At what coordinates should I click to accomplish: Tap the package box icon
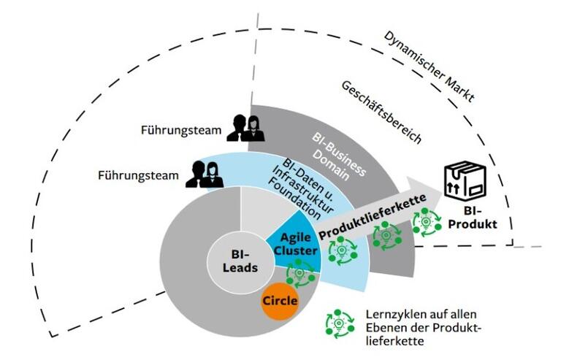coord(465,180)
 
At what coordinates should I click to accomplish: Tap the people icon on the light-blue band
coord(203,173)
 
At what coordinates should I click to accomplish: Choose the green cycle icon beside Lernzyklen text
coord(339,324)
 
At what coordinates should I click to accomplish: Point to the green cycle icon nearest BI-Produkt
coord(426,221)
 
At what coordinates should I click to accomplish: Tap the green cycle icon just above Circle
coord(299,274)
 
